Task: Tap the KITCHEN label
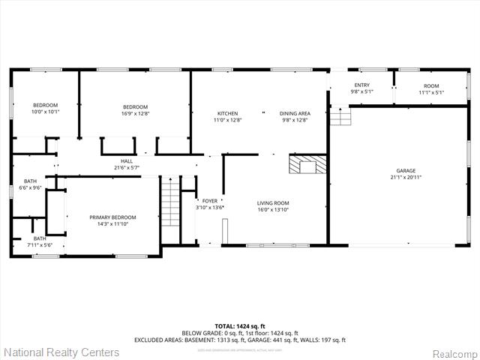coord(227,113)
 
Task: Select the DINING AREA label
coord(295,113)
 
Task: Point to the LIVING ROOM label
coord(273,203)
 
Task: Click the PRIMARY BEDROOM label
coord(113,217)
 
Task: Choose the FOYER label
coord(210,201)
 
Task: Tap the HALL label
coord(127,160)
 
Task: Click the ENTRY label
coord(361,86)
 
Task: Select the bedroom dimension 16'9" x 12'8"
coord(136,114)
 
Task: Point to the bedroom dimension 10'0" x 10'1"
coord(45,112)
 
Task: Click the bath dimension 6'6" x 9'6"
coord(30,188)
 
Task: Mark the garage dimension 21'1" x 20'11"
coord(405,178)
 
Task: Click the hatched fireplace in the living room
coord(307,165)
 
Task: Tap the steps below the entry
coord(340,116)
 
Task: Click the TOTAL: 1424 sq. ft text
coord(239,325)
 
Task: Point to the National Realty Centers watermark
coord(61,352)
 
